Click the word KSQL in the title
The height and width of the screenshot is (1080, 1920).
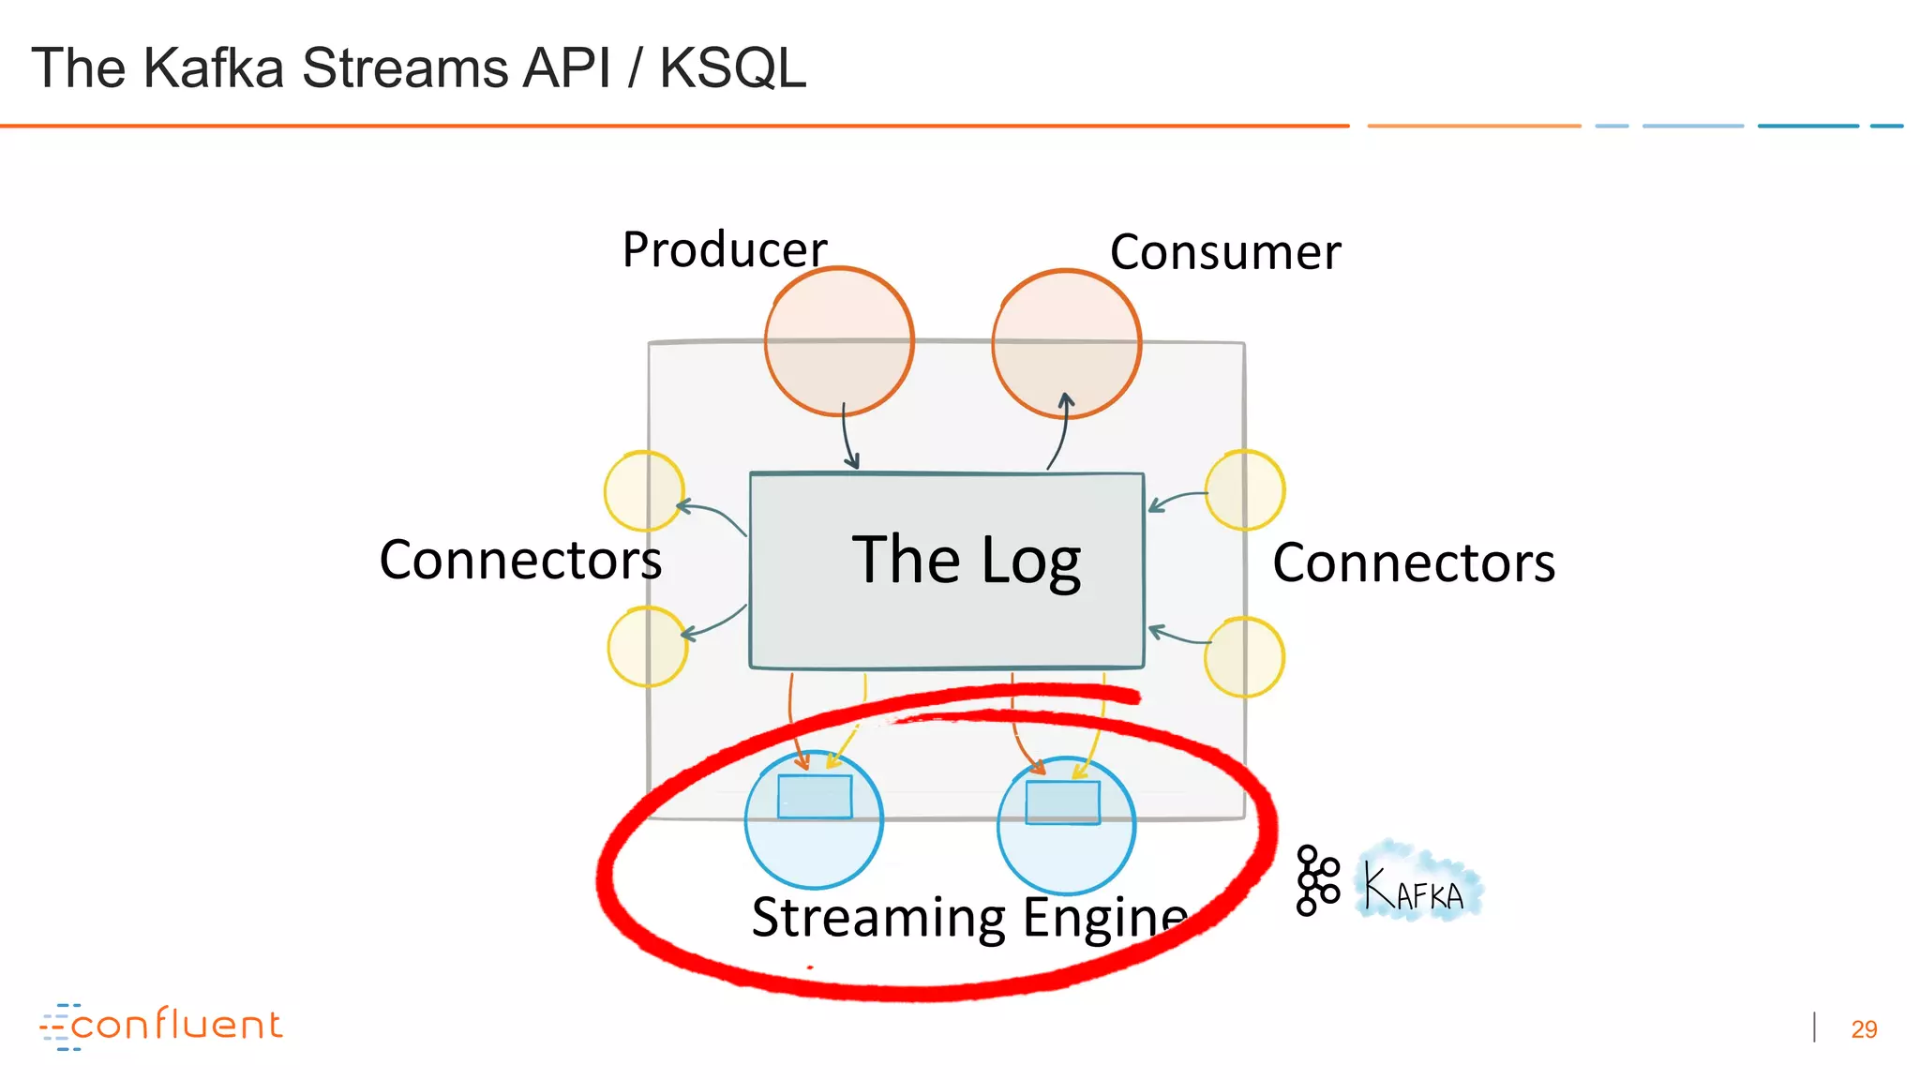pyautogui.click(x=732, y=68)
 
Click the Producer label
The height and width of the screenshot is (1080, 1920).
pyautogui.click(x=724, y=249)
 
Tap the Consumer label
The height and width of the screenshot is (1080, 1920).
pyautogui.click(x=1224, y=252)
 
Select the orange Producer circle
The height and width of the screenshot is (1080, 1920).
pyautogui.click(x=838, y=341)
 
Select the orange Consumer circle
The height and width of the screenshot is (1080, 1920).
pyautogui.click(x=1066, y=343)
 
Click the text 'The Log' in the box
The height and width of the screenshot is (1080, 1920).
pyautogui.click(x=966, y=561)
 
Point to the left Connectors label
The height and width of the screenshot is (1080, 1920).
pyautogui.click(x=520, y=561)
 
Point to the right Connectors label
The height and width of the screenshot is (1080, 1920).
pyautogui.click(x=1413, y=563)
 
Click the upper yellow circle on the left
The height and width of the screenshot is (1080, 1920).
pyautogui.click(x=643, y=490)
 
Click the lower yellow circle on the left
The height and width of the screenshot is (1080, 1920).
pyautogui.click(x=647, y=646)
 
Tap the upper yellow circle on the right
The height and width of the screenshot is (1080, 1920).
pyautogui.click(x=1244, y=490)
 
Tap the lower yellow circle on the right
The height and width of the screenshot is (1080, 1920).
pyautogui.click(x=1243, y=656)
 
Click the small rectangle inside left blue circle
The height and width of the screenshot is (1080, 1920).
pyautogui.click(x=814, y=797)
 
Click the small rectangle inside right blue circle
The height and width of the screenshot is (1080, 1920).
pyautogui.click(x=1062, y=802)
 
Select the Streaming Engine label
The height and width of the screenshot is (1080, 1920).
pyautogui.click(x=969, y=917)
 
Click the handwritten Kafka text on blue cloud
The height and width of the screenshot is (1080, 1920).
pyautogui.click(x=1416, y=886)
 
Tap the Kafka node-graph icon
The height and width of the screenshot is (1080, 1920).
pyautogui.click(x=1317, y=880)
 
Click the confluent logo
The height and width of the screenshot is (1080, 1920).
pyautogui.click(x=161, y=1026)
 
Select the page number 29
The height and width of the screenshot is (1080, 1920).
pyautogui.click(x=1863, y=1029)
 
